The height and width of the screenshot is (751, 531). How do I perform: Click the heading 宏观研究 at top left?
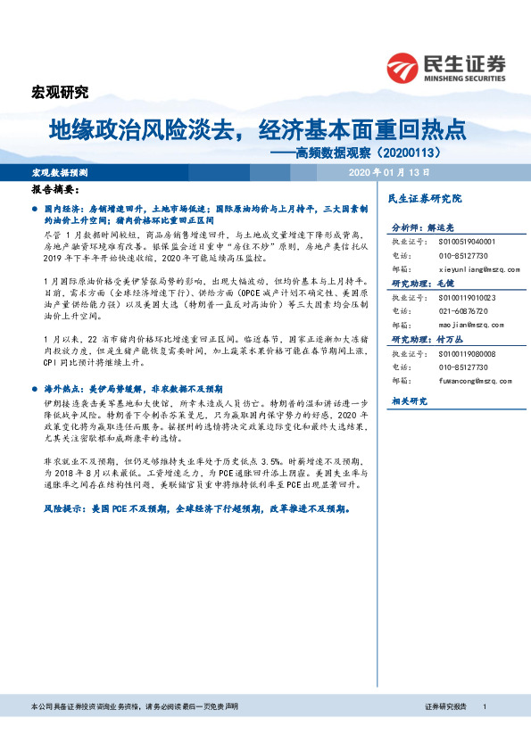pos(60,92)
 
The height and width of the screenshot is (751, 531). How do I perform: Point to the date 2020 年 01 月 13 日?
pos(389,171)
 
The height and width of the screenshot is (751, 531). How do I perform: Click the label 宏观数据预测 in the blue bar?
pos(60,171)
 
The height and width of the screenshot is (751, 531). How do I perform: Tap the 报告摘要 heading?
pos(55,190)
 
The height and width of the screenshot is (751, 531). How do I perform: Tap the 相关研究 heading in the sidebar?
pos(408,402)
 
